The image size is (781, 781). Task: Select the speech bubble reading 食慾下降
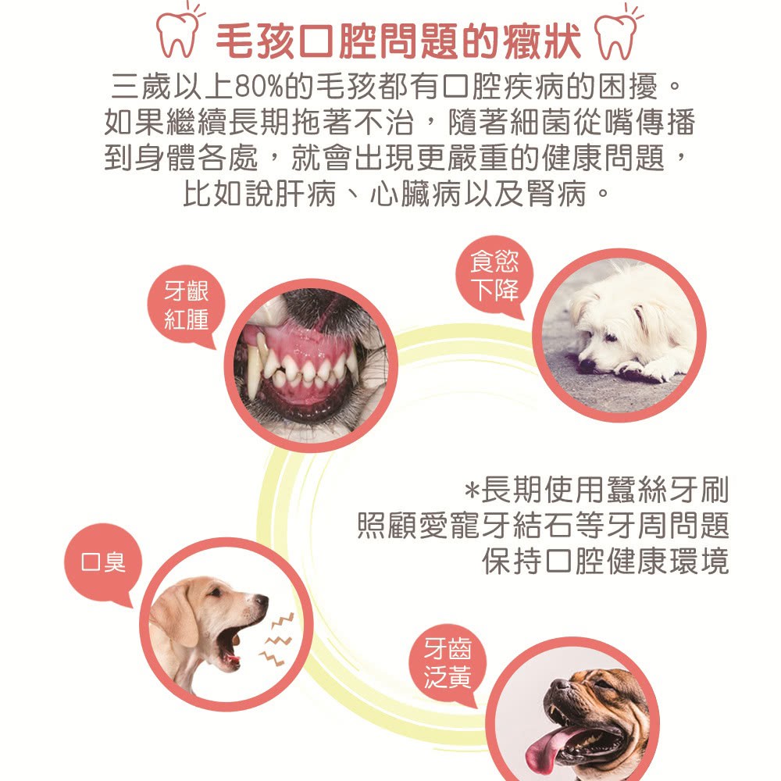(494, 276)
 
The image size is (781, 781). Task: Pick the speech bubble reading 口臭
(103, 563)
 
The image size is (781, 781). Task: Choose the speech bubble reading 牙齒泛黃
(448, 663)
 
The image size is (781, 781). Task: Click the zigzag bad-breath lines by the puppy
(276, 640)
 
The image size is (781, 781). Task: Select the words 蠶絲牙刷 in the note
(667, 490)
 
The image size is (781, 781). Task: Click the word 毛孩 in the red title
(255, 41)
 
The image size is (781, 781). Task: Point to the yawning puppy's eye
(216, 593)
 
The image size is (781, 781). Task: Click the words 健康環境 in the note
(667, 562)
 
